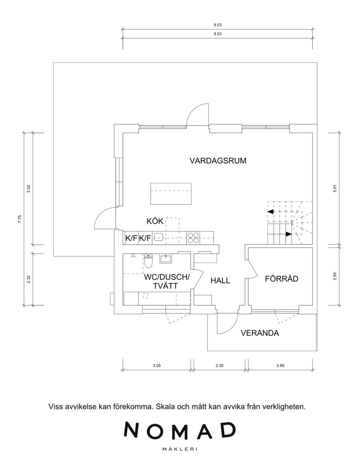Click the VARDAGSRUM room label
point(218,161)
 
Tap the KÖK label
point(155,221)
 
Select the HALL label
point(220,281)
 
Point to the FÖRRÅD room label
point(281,279)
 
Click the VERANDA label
point(260,334)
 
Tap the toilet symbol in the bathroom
point(148,261)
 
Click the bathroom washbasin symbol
point(166,259)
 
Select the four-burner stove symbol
point(193,237)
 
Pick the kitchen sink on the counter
point(158,237)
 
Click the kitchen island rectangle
point(171,193)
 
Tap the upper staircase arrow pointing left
point(271,211)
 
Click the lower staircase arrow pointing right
point(288,234)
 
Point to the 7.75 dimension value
point(20,219)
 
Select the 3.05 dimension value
point(157,366)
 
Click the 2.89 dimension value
point(280,366)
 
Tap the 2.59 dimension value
point(335,276)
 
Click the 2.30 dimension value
point(219,366)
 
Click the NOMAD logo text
point(180,430)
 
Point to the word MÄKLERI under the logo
point(180,448)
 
